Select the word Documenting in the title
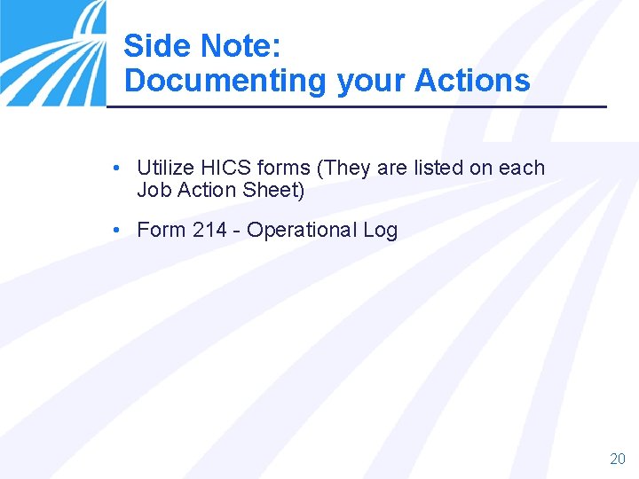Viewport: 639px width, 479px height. point(225,81)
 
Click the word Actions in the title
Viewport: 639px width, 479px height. point(473,81)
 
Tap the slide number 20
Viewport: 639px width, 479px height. point(618,459)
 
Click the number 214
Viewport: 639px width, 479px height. point(209,230)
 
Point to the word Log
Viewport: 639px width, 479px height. point(380,231)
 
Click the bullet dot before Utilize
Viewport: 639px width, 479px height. point(117,168)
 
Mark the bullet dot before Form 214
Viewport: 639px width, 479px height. point(117,230)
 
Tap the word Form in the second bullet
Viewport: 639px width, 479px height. point(162,230)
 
